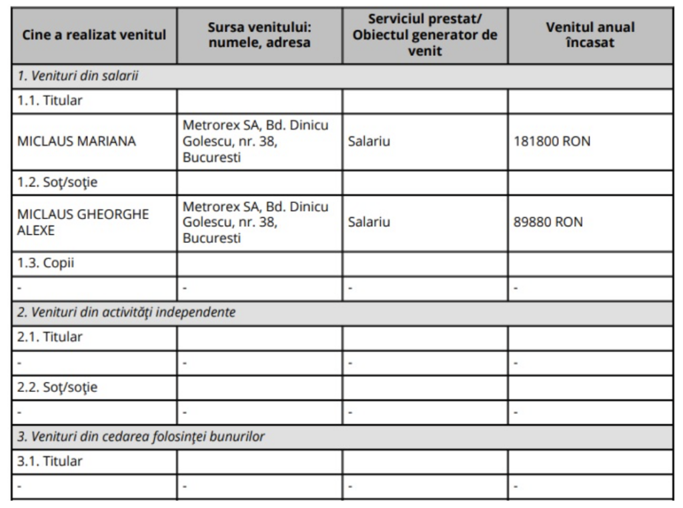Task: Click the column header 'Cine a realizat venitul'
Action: coord(94,34)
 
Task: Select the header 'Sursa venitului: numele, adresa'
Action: coord(259,34)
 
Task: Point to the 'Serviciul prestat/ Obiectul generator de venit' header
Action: coord(425,34)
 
